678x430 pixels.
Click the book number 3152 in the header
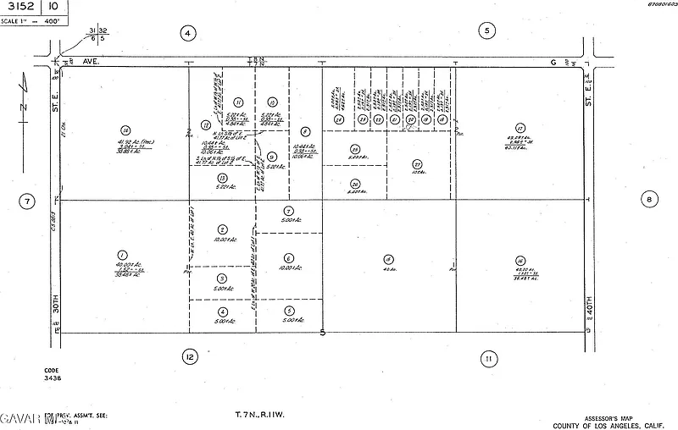(x=20, y=8)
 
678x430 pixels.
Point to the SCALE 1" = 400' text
(x=32, y=22)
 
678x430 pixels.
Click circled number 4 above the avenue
(x=188, y=33)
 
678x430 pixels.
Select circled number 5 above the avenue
(x=486, y=31)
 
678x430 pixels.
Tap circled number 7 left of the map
(x=28, y=201)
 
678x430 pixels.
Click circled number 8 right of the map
(x=650, y=200)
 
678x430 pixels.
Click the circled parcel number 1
(x=123, y=255)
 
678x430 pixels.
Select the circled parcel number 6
(x=289, y=258)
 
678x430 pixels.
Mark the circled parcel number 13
(x=222, y=178)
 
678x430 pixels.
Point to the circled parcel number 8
(x=303, y=131)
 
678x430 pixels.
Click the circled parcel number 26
(x=356, y=184)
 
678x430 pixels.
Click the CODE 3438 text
(x=53, y=374)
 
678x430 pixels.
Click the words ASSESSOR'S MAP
(x=610, y=417)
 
